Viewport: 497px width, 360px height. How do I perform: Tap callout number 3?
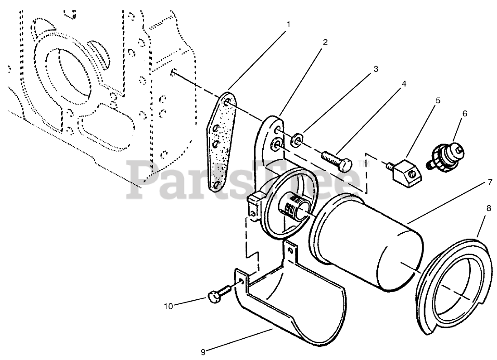coord(375,69)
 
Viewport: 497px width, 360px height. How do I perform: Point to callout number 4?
coord(403,84)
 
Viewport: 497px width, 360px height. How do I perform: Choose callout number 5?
coord(438,100)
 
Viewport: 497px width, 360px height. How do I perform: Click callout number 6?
coord(465,113)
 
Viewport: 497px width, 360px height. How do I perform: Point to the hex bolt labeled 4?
coord(336,161)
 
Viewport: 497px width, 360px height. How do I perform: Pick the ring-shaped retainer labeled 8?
coord(454,290)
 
